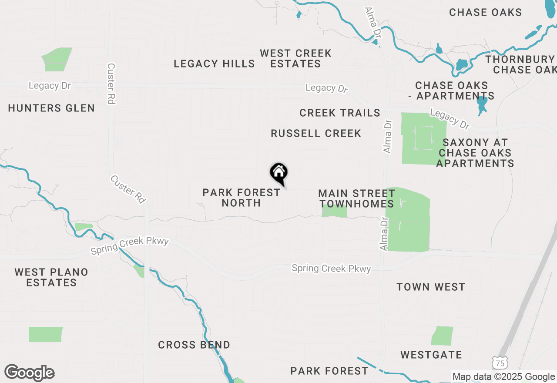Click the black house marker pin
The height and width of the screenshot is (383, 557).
279,173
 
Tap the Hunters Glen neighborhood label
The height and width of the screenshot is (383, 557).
51,108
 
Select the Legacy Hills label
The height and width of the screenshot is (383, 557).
214,64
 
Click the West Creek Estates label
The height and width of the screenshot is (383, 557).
295,59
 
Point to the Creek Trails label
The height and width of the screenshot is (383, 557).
340,113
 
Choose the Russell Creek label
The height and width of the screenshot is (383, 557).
316,134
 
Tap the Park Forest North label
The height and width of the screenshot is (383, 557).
241,198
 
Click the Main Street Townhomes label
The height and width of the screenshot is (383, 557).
356,198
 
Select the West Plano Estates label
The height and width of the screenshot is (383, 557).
51,277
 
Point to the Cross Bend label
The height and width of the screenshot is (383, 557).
194,345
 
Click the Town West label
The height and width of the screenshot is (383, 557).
431,287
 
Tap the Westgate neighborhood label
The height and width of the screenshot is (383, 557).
431,355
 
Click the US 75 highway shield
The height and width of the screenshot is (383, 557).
500,363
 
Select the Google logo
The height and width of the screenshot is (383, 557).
29,373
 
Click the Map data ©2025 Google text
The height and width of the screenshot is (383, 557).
503,377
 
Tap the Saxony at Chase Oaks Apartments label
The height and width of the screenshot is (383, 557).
475,153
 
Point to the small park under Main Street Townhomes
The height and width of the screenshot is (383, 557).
334,212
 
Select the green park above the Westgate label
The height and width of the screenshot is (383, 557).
443,336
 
